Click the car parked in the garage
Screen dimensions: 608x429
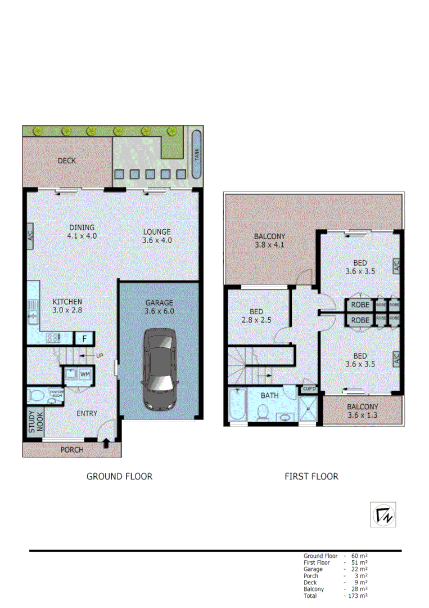159,369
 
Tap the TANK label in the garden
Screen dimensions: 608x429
196,154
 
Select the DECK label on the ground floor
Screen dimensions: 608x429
67,160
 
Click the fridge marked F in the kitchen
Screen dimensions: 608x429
84,338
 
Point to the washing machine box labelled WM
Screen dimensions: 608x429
85,374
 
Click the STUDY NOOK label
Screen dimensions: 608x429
35,421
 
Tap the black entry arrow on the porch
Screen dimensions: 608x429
107,445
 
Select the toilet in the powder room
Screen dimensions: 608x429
36,395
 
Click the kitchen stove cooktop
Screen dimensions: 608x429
53,338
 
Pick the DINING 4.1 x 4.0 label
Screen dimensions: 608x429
82,232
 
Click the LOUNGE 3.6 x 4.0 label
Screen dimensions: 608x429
156,236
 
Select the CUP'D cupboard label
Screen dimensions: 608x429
309,389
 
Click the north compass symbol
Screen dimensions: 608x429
383,515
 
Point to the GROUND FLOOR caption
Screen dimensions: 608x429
119,476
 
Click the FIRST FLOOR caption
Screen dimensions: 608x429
311,476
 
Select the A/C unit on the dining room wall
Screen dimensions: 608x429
30,234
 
